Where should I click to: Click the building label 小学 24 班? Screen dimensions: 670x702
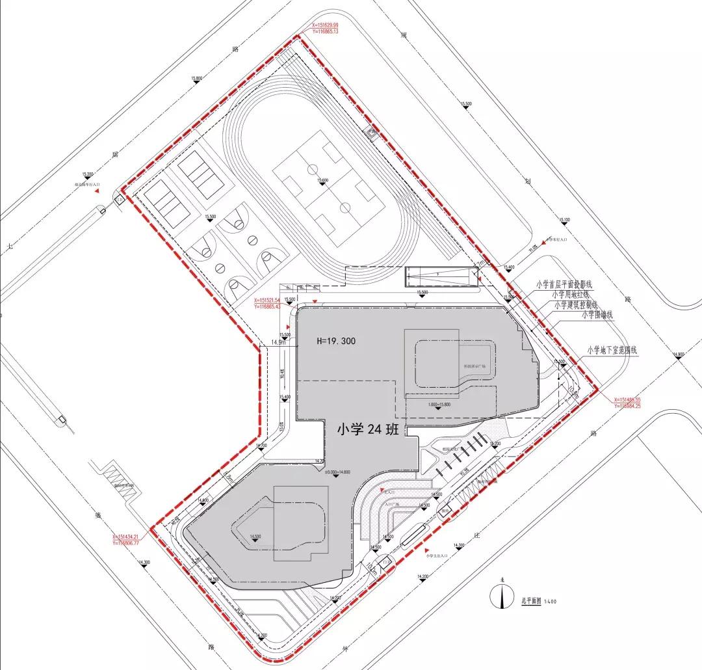(x=370, y=429)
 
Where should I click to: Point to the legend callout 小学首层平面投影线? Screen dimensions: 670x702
(x=564, y=284)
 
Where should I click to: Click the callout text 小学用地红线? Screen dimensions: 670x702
(x=572, y=295)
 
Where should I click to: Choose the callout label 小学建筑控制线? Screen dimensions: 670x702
(x=575, y=304)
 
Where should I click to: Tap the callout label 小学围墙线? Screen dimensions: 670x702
(x=597, y=315)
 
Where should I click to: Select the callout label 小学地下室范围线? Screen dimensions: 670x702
(x=612, y=350)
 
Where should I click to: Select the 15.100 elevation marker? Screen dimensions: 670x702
(x=564, y=221)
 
